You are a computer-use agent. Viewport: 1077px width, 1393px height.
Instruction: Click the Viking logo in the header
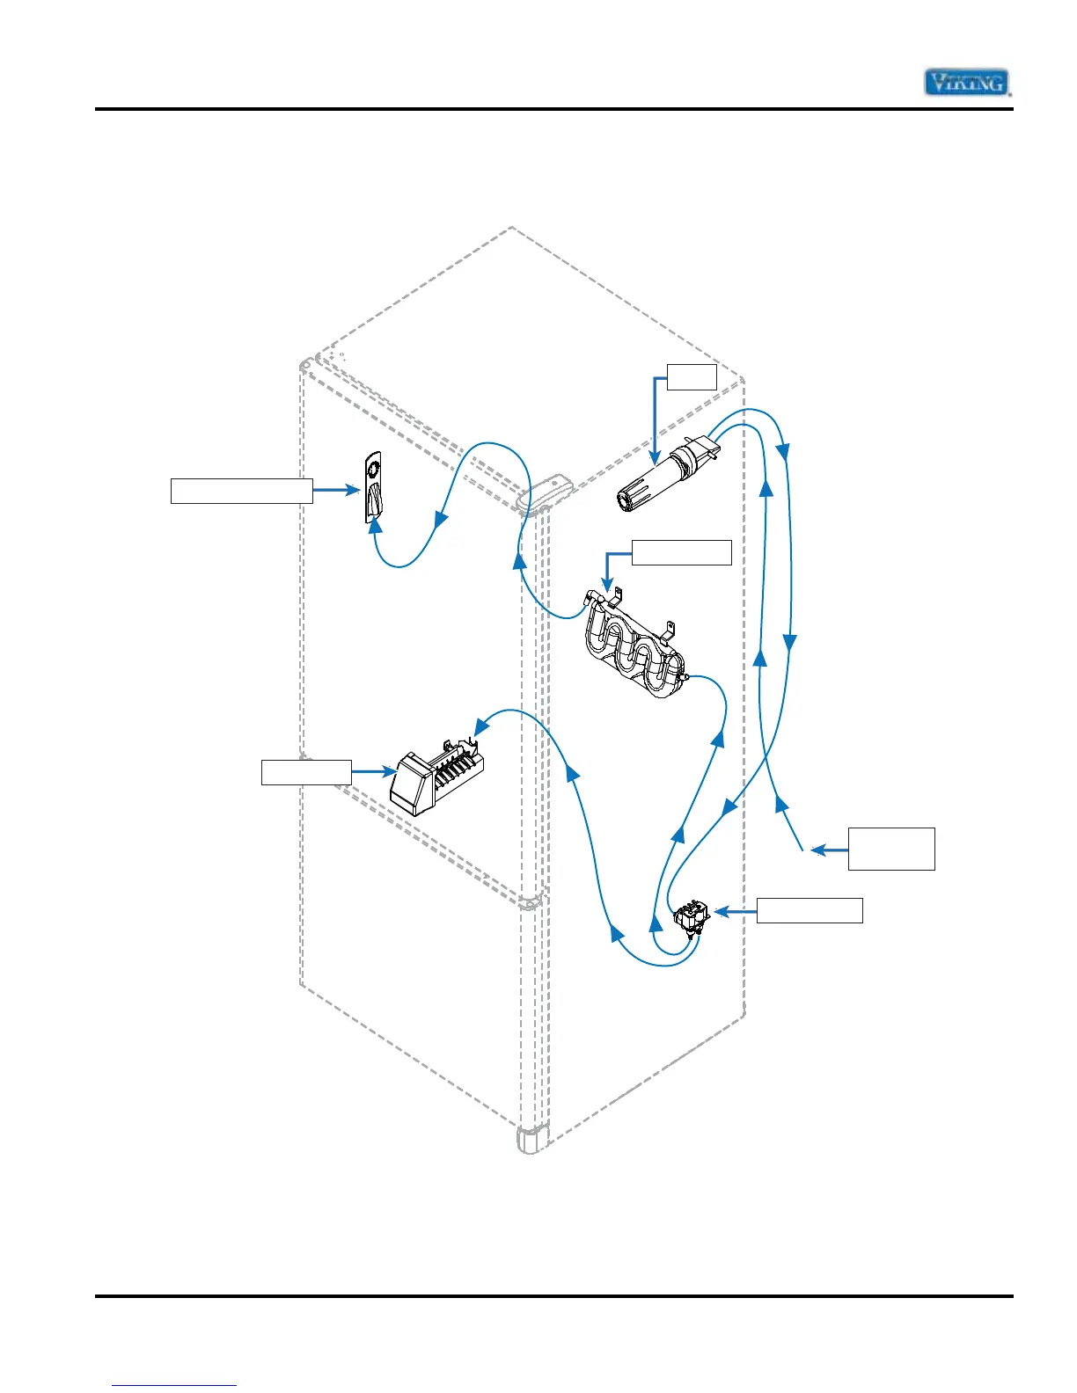(x=966, y=83)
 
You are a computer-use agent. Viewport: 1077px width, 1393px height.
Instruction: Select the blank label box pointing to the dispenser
(x=241, y=491)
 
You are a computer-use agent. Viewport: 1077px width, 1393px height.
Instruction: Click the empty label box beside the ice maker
(x=306, y=772)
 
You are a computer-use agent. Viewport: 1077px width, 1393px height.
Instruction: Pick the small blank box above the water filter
(x=692, y=376)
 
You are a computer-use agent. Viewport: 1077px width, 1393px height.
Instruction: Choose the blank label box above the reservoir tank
(x=681, y=552)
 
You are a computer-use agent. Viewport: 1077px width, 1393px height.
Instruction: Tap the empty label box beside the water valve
(x=810, y=910)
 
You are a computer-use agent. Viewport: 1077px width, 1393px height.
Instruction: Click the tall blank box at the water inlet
(x=891, y=849)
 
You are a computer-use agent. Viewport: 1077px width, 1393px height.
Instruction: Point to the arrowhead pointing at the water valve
(x=722, y=912)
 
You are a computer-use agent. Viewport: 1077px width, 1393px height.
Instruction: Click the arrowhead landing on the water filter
(x=654, y=458)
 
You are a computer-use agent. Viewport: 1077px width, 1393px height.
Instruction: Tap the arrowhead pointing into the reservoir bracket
(x=606, y=584)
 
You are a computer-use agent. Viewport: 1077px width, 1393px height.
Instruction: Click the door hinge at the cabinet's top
(x=545, y=492)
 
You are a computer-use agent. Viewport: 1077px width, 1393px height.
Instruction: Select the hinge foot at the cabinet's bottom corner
(x=531, y=1140)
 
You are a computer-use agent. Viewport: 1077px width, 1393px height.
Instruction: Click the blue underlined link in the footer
(x=174, y=1385)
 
